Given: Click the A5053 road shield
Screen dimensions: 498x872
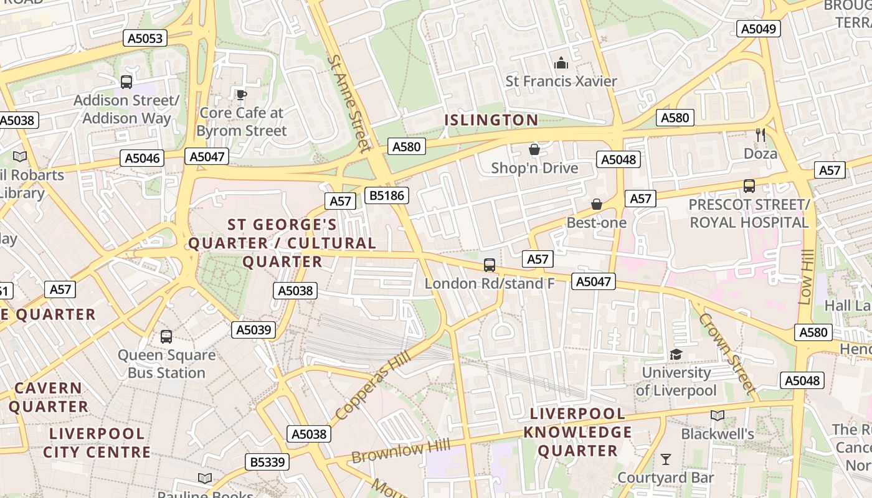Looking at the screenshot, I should click(x=145, y=39).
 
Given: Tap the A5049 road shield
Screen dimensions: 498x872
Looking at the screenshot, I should click(x=759, y=29).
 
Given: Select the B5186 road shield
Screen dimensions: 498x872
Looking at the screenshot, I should click(x=387, y=195).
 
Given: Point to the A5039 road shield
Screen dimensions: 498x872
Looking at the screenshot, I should click(x=254, y=330).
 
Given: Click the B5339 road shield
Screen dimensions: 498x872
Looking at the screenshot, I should click(x=267, y=462).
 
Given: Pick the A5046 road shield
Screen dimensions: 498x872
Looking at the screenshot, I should click(x=143, y=158).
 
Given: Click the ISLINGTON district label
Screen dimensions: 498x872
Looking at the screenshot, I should click(x=491, y=120).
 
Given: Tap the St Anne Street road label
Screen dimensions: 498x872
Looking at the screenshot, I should click(x=349, y=103).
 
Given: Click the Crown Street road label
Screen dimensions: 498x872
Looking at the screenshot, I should click(x=727, y=353).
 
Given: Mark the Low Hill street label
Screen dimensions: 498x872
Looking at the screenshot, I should click(x=806, y=277).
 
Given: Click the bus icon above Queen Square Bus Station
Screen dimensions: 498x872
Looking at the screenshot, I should click(x=166, y=337).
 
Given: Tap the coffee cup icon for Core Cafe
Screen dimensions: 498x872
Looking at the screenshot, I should click(x=241, y=95).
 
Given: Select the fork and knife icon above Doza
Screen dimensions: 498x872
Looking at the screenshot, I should click(x=760, y=135).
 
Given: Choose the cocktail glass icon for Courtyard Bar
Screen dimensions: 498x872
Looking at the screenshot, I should click(x=665, y=459).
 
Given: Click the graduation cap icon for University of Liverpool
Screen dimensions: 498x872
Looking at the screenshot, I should click(x=676, y=354).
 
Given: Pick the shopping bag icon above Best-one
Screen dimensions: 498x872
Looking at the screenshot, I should click(x=596, y=204).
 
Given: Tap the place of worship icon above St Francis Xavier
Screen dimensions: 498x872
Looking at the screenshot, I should click(x=561, y=63).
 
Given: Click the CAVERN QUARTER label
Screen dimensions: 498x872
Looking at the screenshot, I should click(x=48, y=397).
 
